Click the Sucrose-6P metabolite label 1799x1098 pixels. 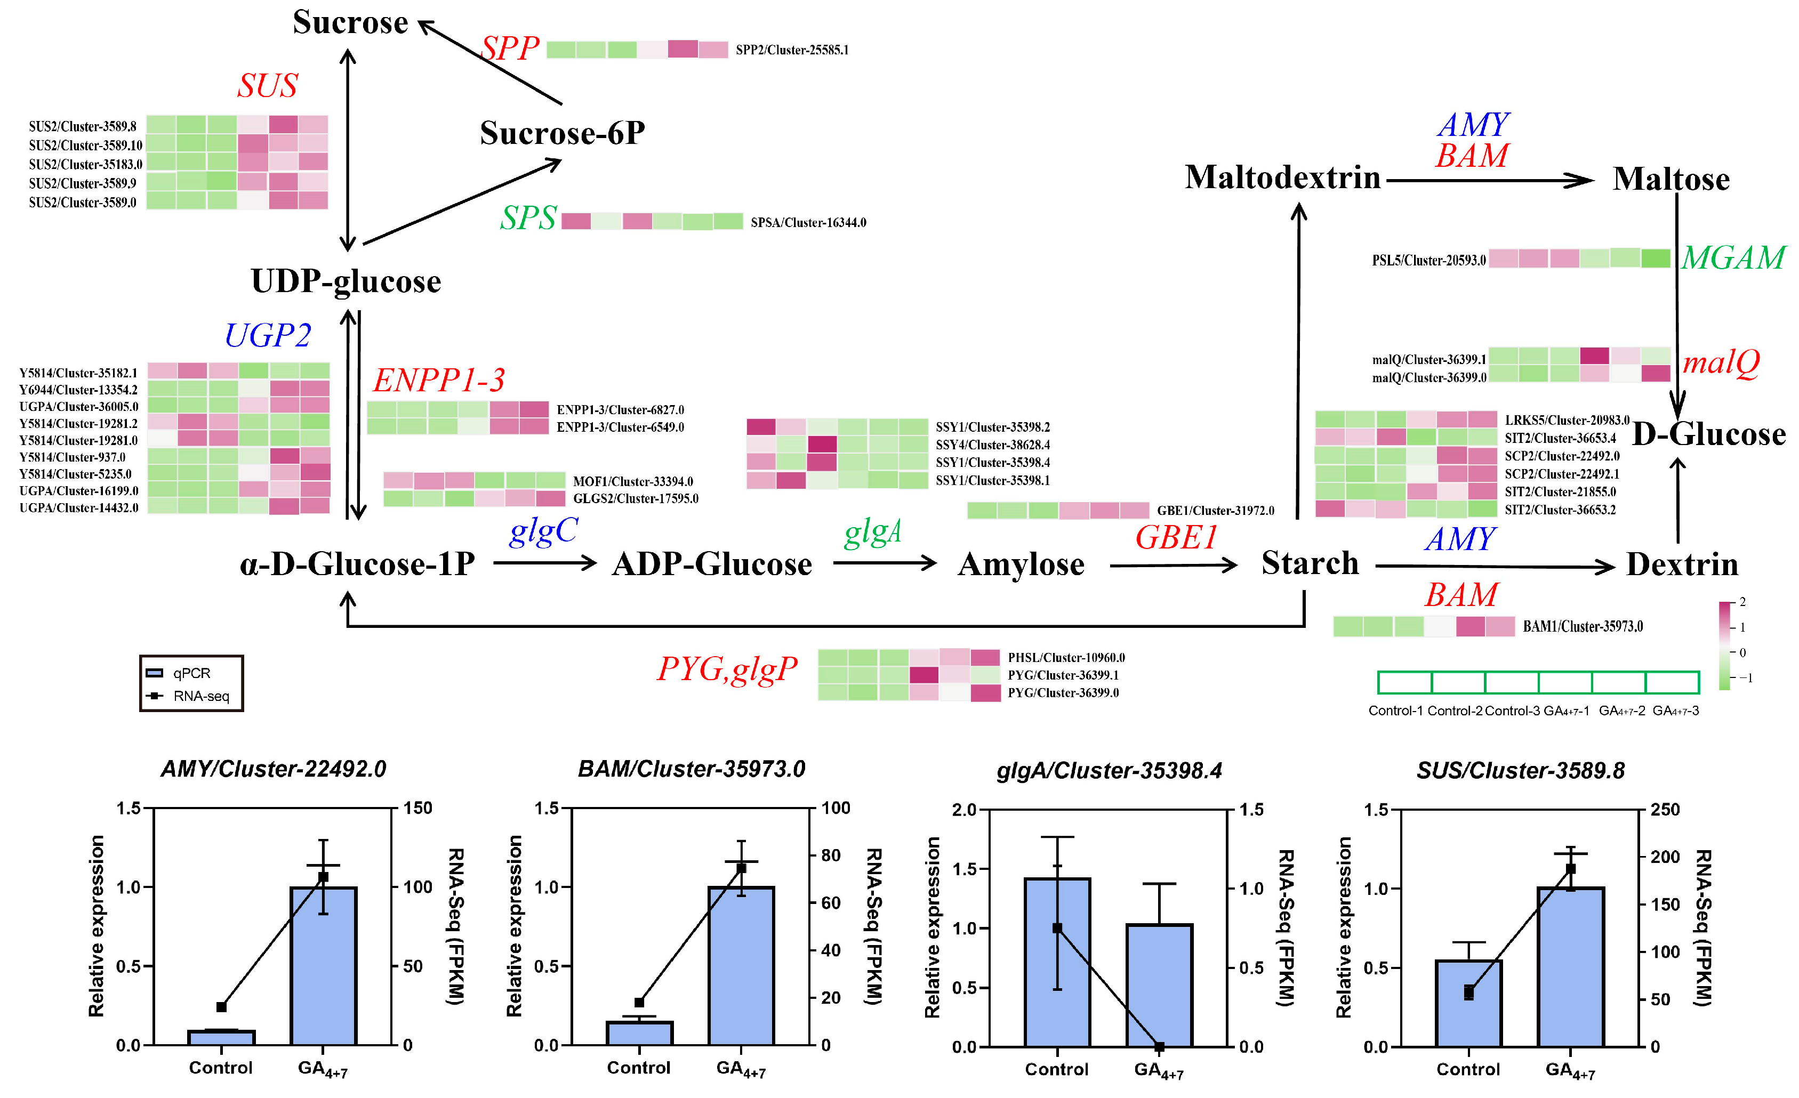point(562,133)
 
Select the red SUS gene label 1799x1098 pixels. point(267,86)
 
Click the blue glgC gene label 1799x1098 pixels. point(543,531)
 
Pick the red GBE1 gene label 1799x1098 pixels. point(1176,538)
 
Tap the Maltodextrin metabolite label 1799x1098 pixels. point(1283,177)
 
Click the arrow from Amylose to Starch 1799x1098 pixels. point(1172,565)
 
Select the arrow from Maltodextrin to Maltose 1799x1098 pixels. point(1489,180)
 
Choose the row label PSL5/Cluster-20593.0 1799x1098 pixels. point(1429,261)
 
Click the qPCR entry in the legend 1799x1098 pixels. point(191,673)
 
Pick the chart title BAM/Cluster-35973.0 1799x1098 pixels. point(692,769)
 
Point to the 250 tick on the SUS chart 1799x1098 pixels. point(1665,810)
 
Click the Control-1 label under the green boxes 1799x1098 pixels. point(1395,711)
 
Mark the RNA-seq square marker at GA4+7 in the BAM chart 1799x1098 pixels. point(741,868)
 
